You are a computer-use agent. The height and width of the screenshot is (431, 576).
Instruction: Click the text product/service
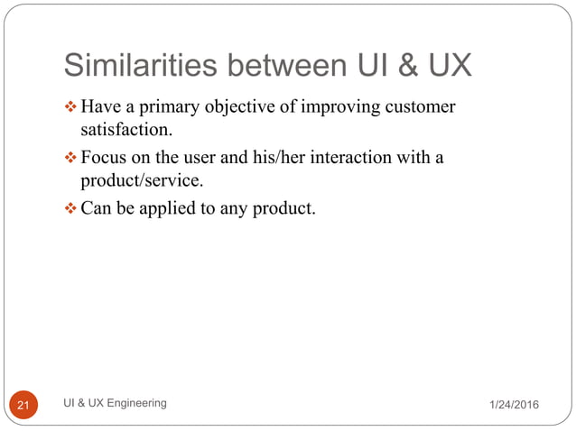(135, 180)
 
